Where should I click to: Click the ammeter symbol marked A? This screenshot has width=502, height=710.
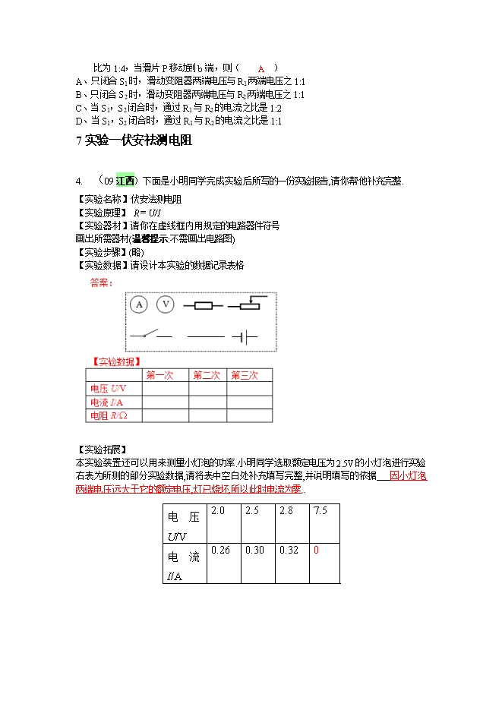tap(138, 305)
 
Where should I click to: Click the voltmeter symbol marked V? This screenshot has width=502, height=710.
tap(166, 305)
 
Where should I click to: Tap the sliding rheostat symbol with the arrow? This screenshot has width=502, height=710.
tap(248, 306)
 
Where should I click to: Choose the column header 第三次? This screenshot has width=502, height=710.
tap(245, 375)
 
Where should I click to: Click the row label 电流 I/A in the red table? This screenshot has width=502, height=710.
tap(107, 402)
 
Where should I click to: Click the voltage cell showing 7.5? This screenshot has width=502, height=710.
tap(320, 511)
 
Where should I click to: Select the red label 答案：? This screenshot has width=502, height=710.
tap(102, 283)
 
